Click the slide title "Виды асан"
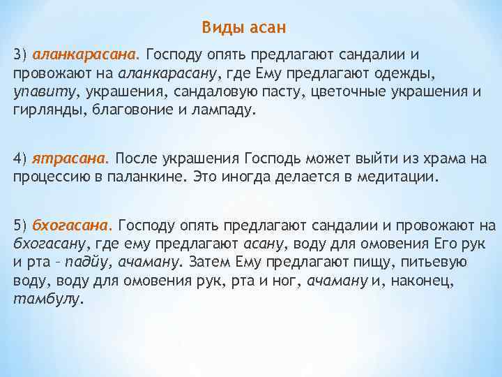click(x=244, y=27)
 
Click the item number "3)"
click(x=20, y=54)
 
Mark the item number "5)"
click(x=20, y=225)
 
